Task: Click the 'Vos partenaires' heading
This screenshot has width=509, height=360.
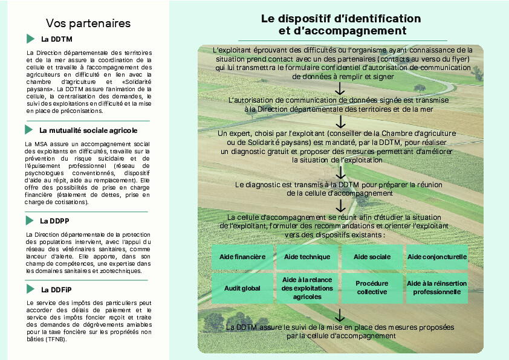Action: pos(88,24)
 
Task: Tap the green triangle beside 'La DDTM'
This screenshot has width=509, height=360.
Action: pos(31,39)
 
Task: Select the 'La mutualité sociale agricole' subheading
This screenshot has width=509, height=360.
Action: pos(88,130)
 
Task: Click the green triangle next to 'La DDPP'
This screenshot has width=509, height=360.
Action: pos(30,220)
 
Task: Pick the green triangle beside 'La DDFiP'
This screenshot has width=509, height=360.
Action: pos(31,289)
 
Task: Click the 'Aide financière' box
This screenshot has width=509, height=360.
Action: pos(242,257)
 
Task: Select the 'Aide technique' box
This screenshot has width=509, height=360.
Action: pos(307,257)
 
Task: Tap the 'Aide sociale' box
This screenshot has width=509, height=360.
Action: pos(372,257)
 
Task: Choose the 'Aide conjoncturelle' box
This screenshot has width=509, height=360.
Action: pos(437,257)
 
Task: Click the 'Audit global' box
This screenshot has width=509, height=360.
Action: pos(242,288)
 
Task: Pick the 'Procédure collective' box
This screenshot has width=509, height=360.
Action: pos(372,288)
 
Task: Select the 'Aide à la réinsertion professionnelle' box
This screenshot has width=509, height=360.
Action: pos(437,288)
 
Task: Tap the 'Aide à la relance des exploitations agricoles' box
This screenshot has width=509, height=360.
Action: pos(307,288)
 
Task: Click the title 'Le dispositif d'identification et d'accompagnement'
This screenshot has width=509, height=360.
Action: pos(341,24)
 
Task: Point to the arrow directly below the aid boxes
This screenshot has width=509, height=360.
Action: pos(340,315)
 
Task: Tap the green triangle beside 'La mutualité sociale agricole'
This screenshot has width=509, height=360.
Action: pos(28,130)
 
